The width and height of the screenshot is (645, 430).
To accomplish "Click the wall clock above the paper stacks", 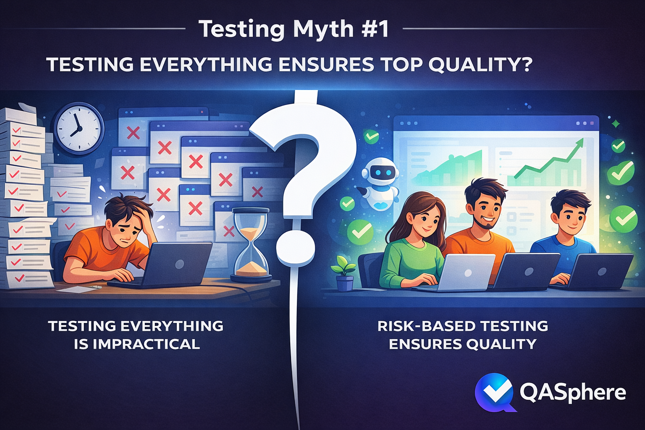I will pos(79,128).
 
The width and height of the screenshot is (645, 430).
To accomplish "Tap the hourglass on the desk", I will pos(251,244).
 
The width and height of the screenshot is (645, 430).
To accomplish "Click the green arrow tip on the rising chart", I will pos(580,142).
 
